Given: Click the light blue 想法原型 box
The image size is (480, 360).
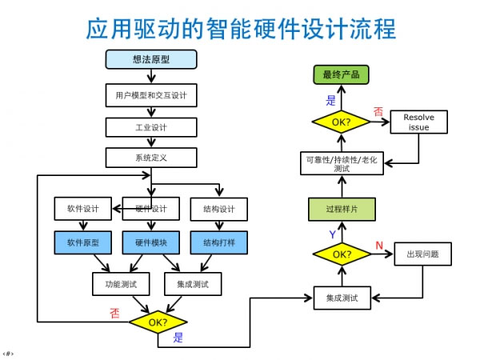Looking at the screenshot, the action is pos(151,59).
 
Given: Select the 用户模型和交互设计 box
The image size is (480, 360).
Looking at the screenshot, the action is pos(151,95).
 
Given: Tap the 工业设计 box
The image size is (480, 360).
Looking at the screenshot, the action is pos(151,127).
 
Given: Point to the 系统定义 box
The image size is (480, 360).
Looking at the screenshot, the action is pos(151,158).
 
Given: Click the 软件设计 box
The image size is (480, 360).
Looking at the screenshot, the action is pos(83,209).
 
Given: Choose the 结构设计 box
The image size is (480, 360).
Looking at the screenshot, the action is pos(219,209).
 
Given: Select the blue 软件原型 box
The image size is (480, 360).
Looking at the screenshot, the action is pos(83,242).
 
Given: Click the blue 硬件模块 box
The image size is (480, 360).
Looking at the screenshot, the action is pos(151,242).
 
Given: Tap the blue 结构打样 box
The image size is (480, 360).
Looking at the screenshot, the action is pos(219,242).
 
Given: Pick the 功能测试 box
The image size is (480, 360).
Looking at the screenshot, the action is pos(121,284).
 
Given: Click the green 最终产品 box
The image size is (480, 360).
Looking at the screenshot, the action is pos(341,74).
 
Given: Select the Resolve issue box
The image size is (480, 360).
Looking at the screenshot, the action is pos(418,122).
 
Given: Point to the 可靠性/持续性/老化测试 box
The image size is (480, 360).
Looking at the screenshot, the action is pos(342,163).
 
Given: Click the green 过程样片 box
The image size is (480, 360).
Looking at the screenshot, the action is pos(342,209).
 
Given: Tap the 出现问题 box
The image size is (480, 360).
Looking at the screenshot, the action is pos(422,254).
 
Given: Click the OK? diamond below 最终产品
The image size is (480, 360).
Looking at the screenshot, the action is pos(341,122).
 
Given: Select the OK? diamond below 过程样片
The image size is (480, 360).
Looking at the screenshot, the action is pos(342,254).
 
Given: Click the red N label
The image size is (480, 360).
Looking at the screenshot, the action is pos(379,245).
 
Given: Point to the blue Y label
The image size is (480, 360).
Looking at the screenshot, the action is pos(333,234).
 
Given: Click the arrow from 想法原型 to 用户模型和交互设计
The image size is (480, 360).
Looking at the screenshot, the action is pos(151,76).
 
